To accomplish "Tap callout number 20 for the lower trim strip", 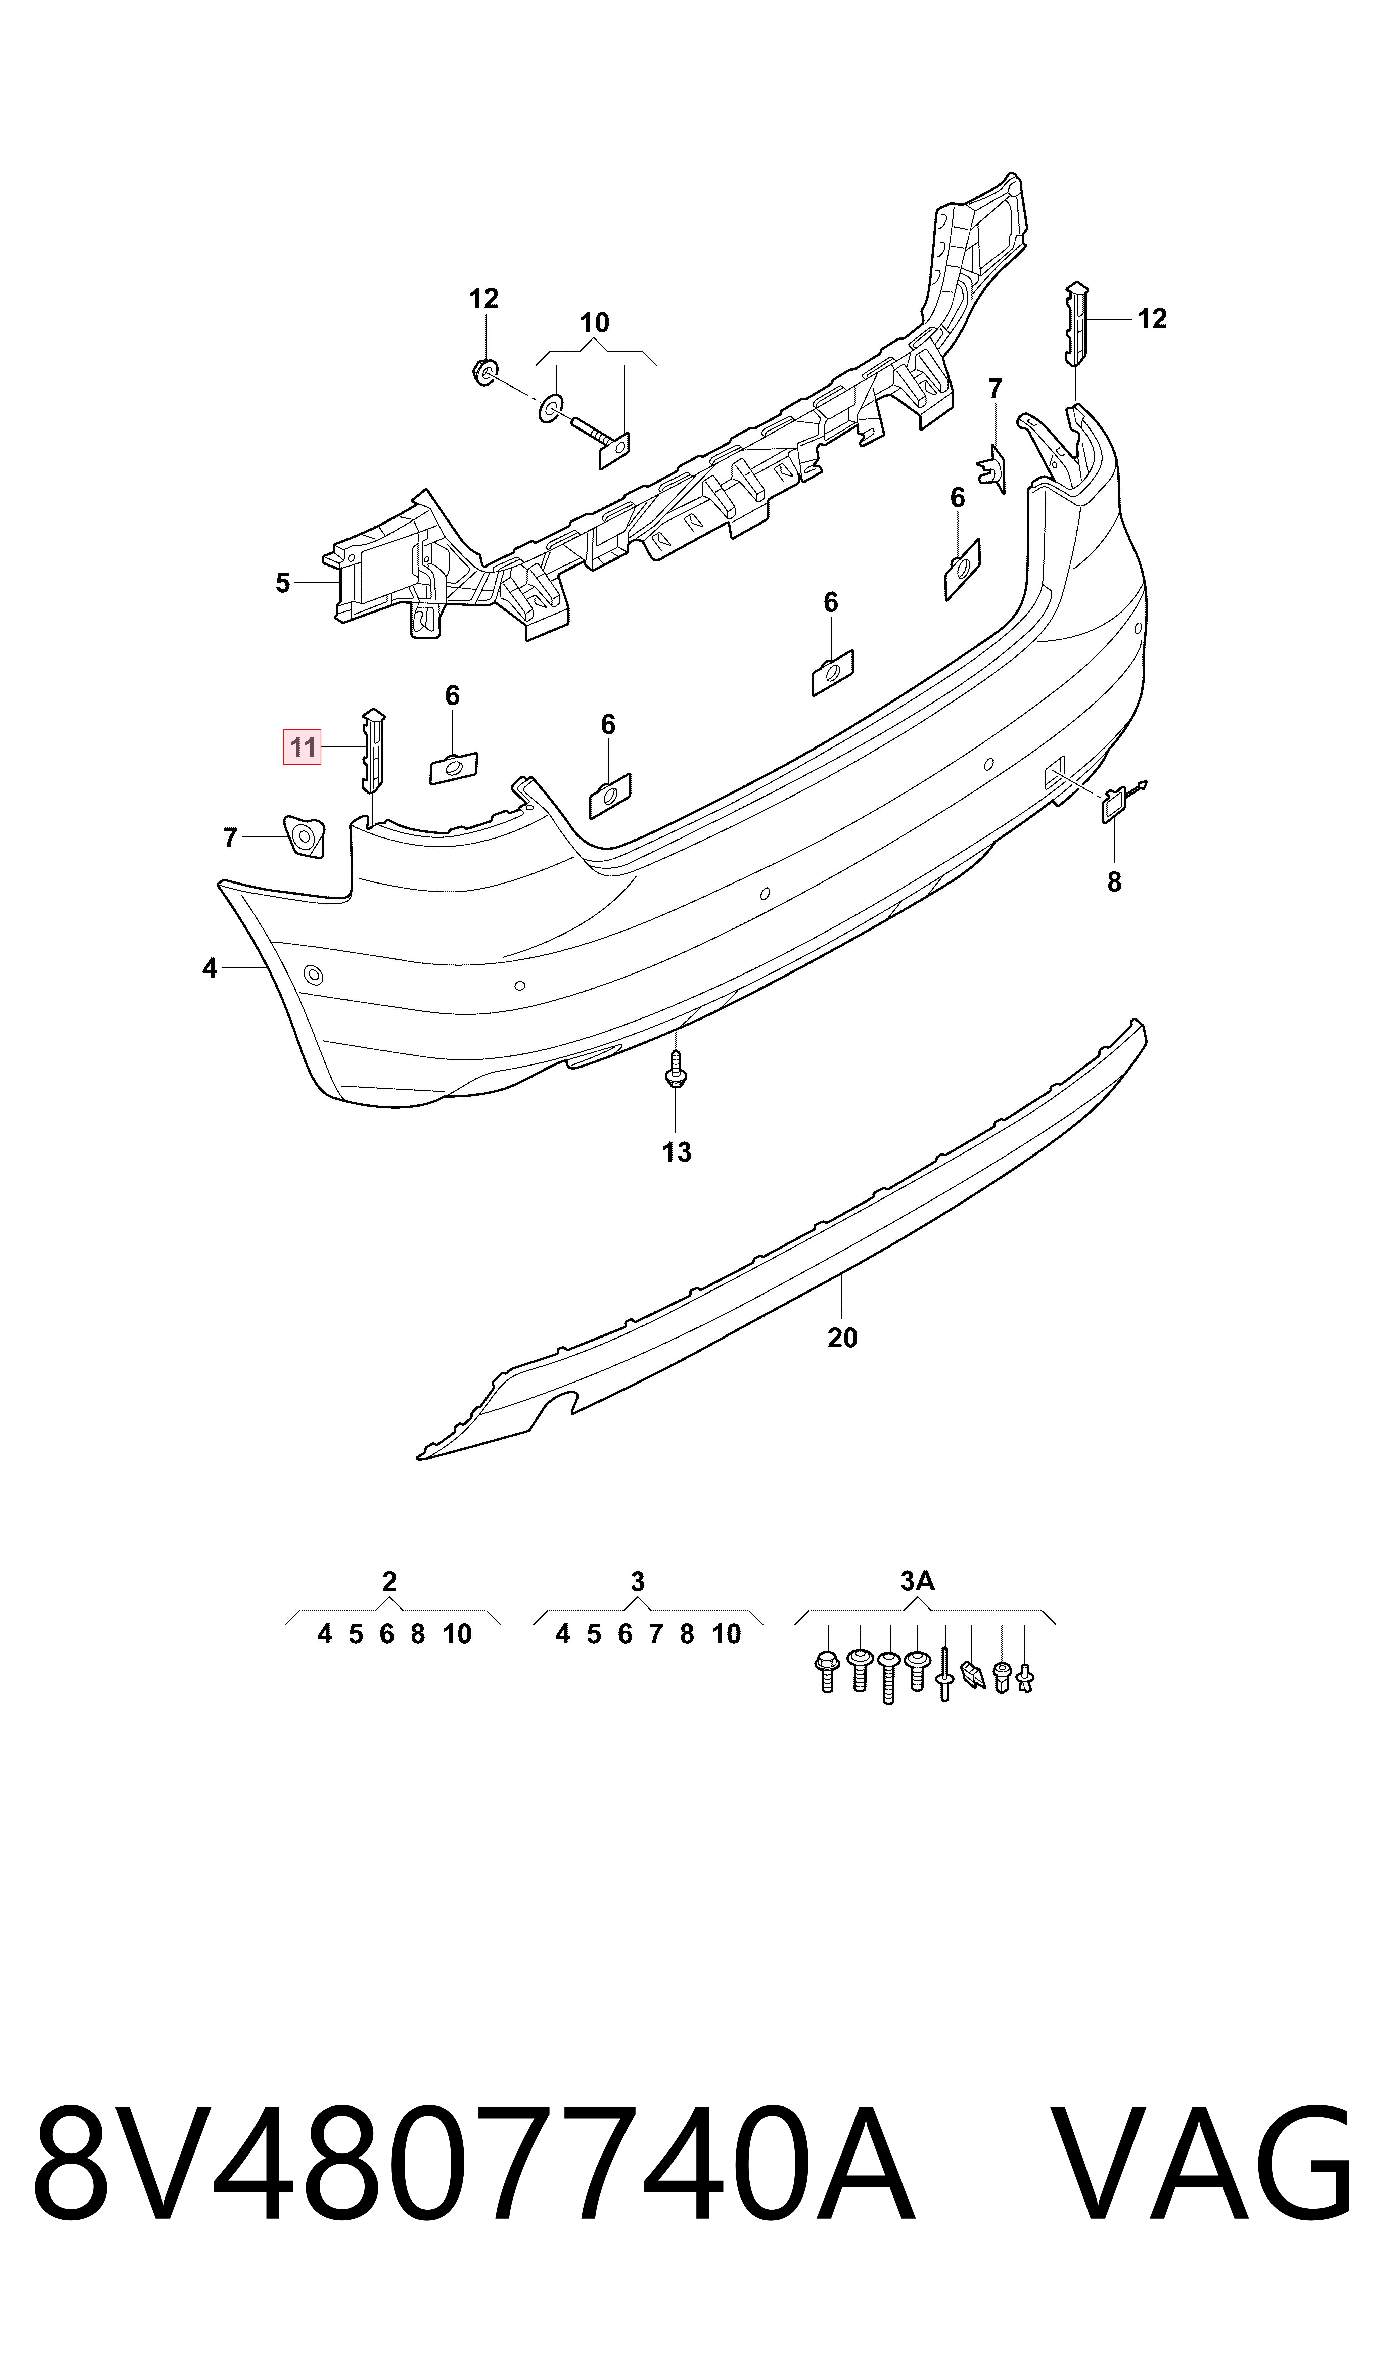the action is click(842, 1339).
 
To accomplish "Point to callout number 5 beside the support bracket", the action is click(282, 584).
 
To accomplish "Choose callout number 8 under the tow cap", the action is click(1114, 882).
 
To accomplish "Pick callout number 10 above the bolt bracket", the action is click(595, 324).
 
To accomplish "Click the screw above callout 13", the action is click(675, 1068).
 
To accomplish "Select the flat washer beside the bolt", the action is click(549, 408).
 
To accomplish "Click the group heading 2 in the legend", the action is click(389, 1582).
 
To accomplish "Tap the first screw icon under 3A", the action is click(827, 1671).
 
